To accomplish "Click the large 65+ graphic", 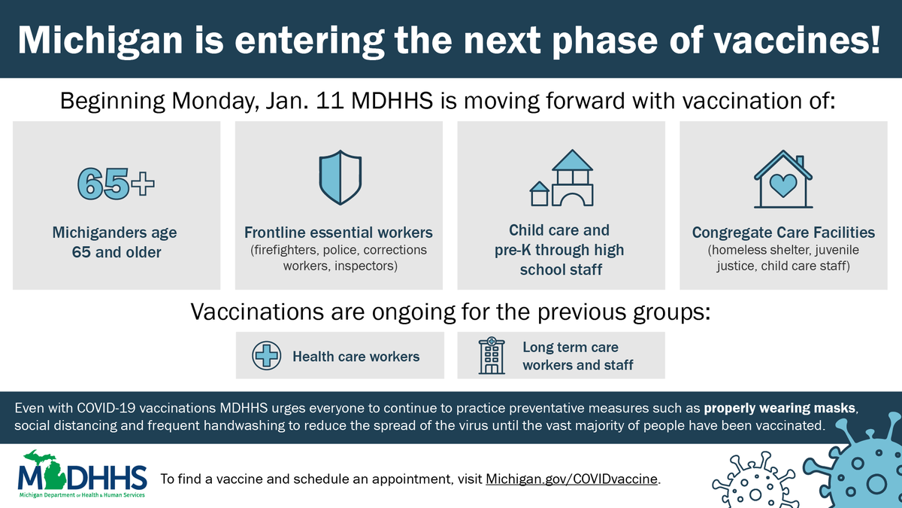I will coord(117,183).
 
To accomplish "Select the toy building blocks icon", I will coord(561,178).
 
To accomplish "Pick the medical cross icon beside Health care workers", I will coord(266,355).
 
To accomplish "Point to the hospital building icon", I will coord(492,355).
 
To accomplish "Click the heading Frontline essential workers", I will coord(338,233).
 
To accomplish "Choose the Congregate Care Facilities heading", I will coord(783,233).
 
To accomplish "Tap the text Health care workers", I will coord(356,356).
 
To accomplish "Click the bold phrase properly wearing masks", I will coord(779,409).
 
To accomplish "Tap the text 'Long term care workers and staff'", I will coord(578,356).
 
